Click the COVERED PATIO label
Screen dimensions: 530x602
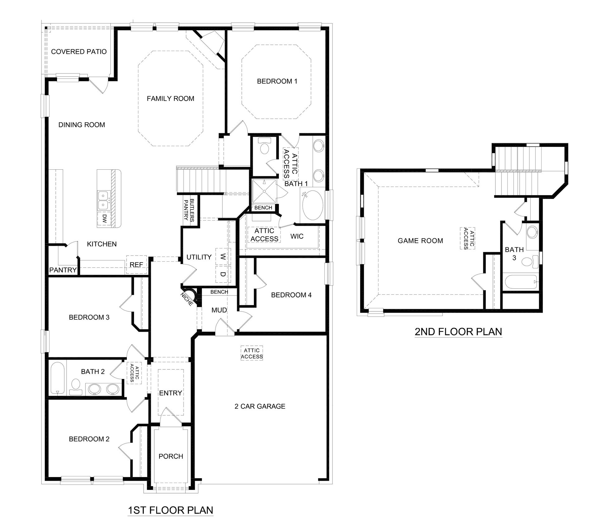(79, 52)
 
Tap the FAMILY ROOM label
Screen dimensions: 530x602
(170, 99)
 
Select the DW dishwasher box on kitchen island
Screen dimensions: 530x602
(104, 219)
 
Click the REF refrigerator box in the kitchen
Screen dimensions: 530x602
(136, 265)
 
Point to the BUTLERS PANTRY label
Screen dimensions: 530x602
(189, 210)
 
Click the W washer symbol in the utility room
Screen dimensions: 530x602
(223, 257)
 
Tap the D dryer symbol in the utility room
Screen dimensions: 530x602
(223, 274)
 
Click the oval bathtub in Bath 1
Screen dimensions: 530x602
(313, 206)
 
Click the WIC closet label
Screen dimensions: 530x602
(297, 236)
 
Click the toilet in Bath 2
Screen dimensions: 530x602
(75, 386)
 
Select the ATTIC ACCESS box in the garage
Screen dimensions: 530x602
(252, 353)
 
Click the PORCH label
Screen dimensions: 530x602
(171, 456)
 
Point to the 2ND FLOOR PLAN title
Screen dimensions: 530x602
(458, 332)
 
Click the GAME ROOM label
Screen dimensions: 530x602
(420, 241)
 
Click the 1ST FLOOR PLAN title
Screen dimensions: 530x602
(171, 510)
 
